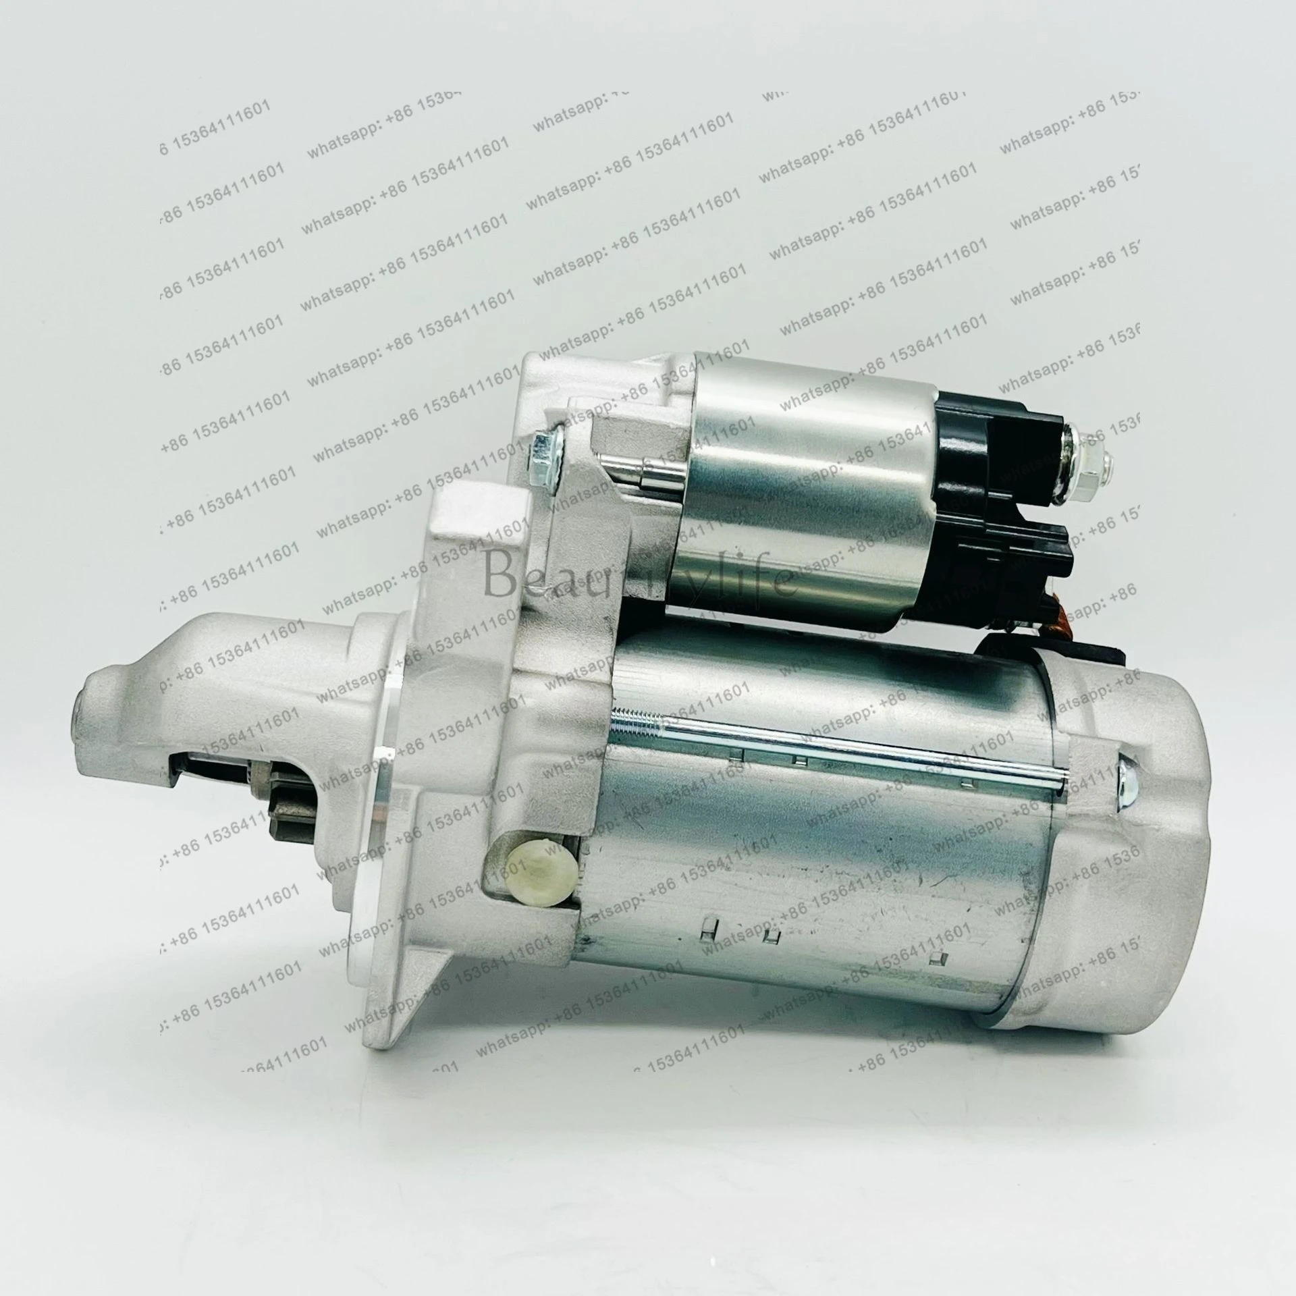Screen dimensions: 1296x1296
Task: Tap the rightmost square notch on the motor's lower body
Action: click(935, 958)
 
